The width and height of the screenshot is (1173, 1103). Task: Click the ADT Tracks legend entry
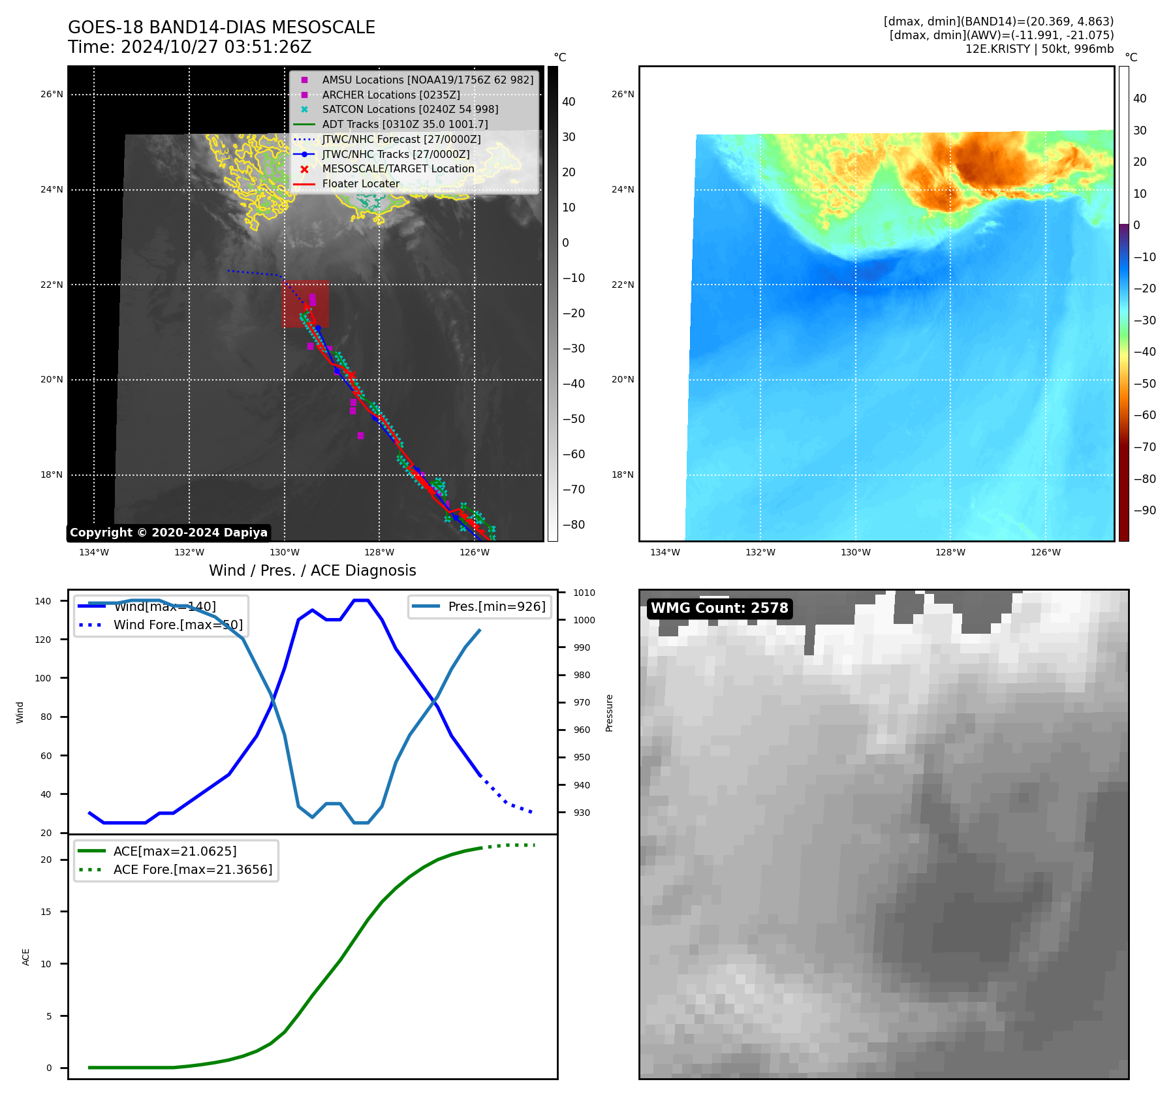(405, 124)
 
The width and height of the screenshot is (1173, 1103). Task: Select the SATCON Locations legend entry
(410, 109)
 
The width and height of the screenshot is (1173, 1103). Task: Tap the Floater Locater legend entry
(360, 184)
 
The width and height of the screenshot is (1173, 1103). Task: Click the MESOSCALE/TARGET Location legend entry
(398, 169)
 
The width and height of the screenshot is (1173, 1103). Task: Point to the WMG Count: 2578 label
(719, 608)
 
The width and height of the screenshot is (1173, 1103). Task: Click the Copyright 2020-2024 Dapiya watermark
(168, 533)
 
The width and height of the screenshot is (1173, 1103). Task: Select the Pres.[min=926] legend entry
(496, 606)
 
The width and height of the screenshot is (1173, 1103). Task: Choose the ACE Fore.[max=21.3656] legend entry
(193, 869)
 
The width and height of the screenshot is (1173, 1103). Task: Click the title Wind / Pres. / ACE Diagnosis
(312, 570)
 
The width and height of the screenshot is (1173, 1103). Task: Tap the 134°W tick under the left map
(94, 553)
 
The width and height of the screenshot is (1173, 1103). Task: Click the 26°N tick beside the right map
(623, 94)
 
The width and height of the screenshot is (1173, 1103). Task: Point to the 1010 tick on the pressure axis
(584, 593)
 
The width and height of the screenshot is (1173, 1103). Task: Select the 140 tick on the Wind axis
(43, 601)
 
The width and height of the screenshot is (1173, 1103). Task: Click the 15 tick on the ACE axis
(46, 912)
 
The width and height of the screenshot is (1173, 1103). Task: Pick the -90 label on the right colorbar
(1144, 510)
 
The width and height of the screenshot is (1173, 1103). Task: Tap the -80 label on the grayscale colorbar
(574, 525)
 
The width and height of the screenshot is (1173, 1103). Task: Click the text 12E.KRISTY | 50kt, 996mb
(1039, 49)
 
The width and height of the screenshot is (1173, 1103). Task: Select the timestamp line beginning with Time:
(189, 48)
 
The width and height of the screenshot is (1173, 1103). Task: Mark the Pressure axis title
(609, 713)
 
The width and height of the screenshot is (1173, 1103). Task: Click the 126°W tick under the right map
(1045, 553)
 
